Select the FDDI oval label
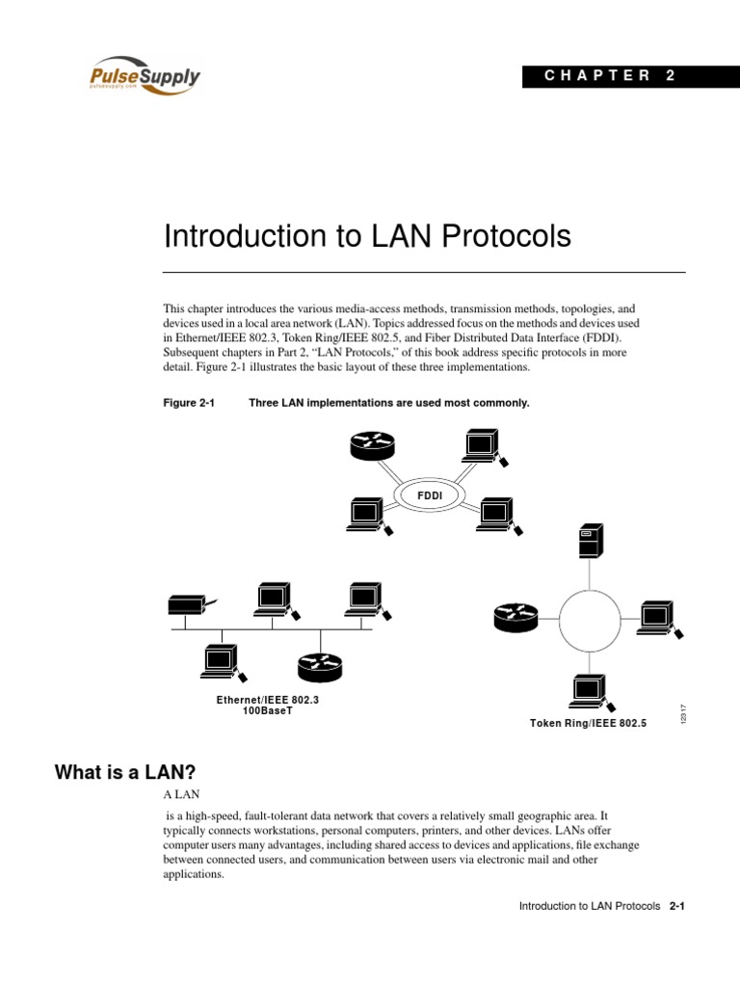427,494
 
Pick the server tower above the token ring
588,542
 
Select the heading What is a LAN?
125,771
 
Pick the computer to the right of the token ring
658,617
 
